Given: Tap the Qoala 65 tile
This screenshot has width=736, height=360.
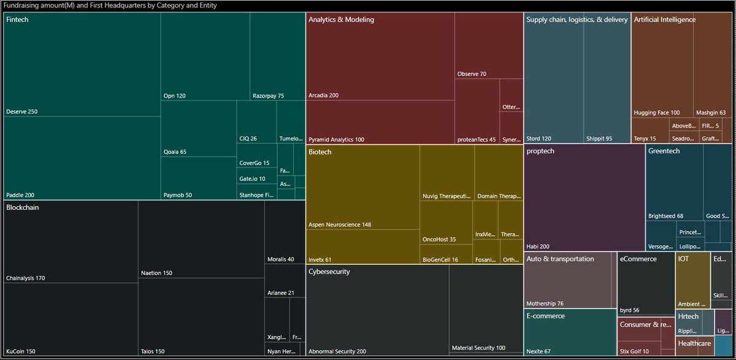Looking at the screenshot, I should point(198,132).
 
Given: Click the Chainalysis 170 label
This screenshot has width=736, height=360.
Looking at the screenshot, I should point(25,278).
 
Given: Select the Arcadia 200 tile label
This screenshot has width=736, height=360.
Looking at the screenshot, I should point(323,95).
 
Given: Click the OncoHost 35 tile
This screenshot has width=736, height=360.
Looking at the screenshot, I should point(446,223).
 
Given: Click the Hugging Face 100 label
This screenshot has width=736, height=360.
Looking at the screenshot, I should point(656,113).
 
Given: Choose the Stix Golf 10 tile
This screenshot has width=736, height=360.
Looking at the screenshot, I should point(638,343).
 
